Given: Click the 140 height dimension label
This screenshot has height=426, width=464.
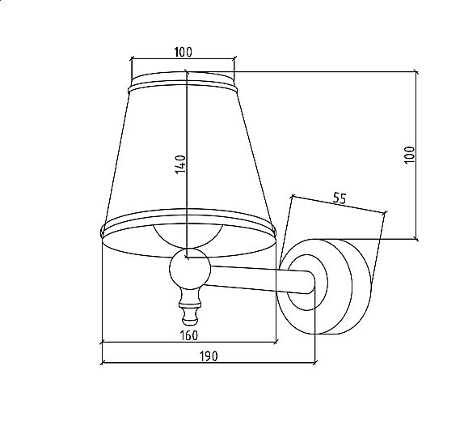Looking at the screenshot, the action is click(180, 164).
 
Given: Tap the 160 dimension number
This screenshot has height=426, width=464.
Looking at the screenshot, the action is click(189, 335).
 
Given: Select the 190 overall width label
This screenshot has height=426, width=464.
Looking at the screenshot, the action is click(209, 356).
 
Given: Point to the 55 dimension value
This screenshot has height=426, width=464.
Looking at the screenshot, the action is click(340, 198).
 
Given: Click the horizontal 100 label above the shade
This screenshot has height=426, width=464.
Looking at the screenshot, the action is click(183, 52).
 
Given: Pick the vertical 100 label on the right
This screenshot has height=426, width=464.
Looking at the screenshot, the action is click(410, 155).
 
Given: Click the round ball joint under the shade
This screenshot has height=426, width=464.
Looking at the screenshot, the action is click(190, 269).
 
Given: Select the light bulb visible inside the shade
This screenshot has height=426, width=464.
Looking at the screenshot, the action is click(188, 236).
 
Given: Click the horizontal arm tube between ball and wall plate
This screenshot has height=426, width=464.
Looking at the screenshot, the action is click(260, 280).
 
